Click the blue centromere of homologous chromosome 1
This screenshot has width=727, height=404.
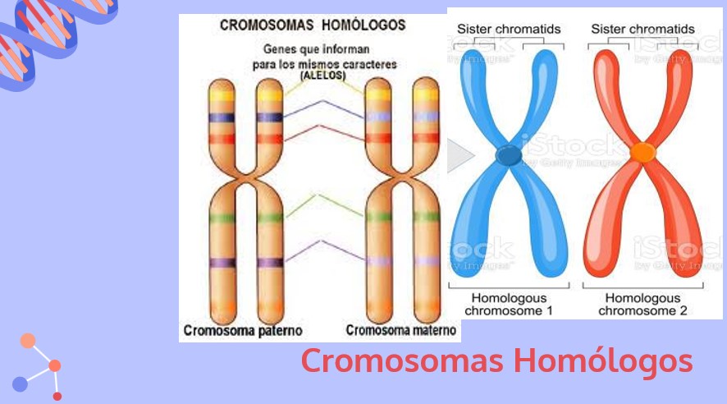pyautogui.click(x=509, y=154)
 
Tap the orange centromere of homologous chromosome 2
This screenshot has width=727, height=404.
pyautogui.click(x=642, y=152)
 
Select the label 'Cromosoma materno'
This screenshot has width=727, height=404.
pyautogui.click(x=401, y=331)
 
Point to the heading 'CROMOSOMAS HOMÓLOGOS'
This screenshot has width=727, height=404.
pyautogui.click(x=312, y=25)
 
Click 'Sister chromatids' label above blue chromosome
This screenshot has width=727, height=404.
pyautogui.click(x=509, y=30)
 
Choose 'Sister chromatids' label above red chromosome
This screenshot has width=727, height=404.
pyautogui.click(x=642, y=30)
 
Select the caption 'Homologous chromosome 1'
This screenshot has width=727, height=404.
pyautogui.click(x=509, y=305)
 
